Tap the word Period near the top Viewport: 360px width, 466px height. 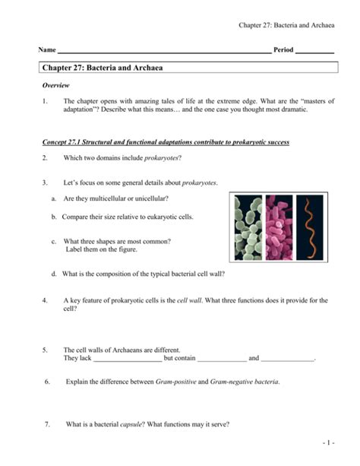[283, 49]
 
